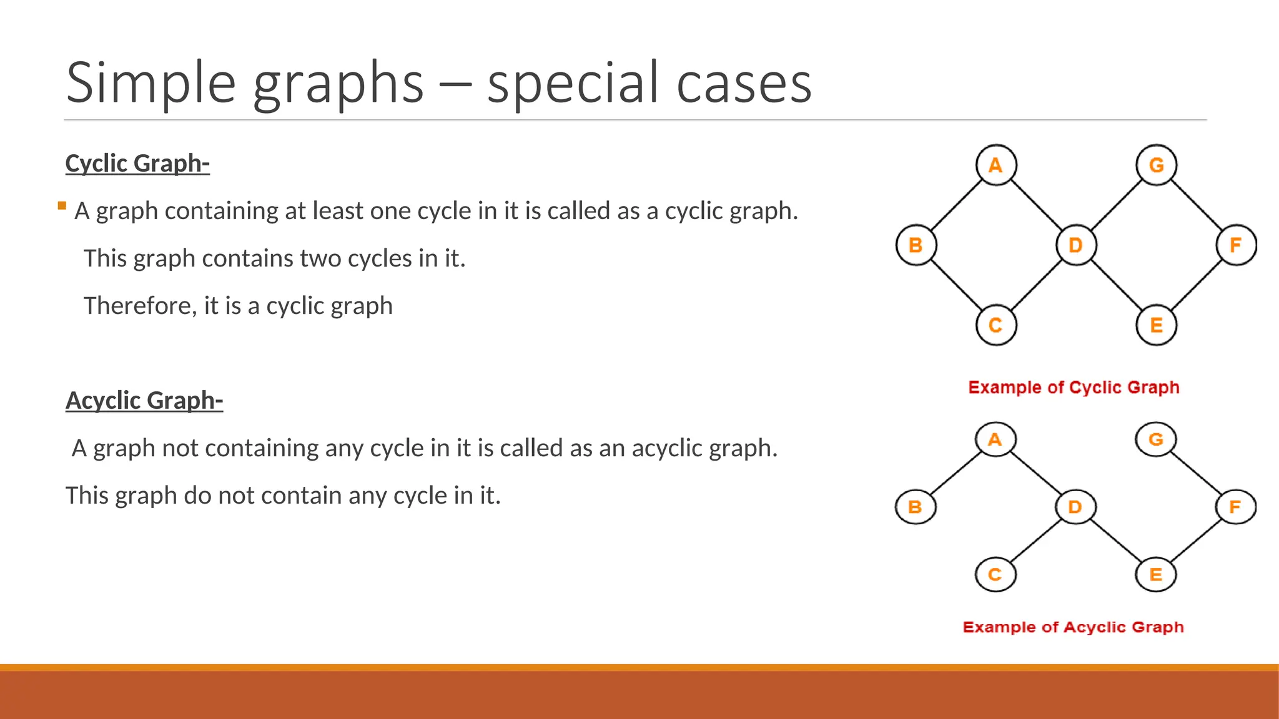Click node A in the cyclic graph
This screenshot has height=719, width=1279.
click(x=996, y=165)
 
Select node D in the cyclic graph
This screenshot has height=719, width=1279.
click(x=1075, y=245)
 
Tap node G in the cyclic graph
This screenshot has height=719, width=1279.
click(x=1156, y=165)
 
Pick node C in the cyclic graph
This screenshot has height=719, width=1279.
click(x=996, y=325)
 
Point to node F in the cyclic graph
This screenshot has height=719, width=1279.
click(x=1236, y=245)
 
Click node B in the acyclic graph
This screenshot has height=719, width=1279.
click(x=916, y=507)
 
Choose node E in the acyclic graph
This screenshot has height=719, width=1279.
click(x=1156, y=574)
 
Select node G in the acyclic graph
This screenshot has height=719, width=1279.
click(x=1156, y=439)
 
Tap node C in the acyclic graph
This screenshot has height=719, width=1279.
click(x=995, y=574)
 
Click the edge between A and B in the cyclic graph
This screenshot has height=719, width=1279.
click(x=956, y=205)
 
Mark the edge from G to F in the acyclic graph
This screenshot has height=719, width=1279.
click(x=1195, y=472)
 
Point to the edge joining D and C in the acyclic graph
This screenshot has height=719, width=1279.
click(x=1035, y=540)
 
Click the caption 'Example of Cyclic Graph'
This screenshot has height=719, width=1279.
click(x=1074, y=388)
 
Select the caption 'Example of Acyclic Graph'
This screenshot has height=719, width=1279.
click(x=1073, y=627)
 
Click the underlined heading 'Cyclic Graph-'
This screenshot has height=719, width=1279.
click(x=137, y=164)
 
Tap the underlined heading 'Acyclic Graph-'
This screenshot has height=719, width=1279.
click(x=144, y=401)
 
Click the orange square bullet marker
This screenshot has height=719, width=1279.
click(x=62, y=205)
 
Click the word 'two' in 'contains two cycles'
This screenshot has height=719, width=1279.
click(x=320, y=258)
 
